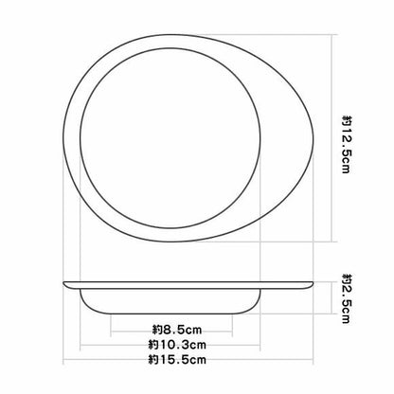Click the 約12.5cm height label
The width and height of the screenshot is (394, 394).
pyautogui.click(x=347, y=144)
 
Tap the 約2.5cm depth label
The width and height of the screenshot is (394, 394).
pyautogui.click(x=347, y=298)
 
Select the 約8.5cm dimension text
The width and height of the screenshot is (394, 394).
pyautogui.click(x=177, y=330)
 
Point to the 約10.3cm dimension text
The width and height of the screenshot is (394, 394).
pyautogui.click(x=177, y=345)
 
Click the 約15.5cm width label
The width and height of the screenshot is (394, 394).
pyautogui.click(x=177, y=359)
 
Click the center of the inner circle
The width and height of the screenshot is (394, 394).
pyautogui.click(x=170, y=138)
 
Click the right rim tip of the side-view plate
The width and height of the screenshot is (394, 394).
pyautogui.click(x=313, y=283)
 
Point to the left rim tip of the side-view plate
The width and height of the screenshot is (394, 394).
pyautogui.click(x=63, y=283)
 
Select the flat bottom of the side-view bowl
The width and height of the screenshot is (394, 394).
pyautogui.click(x=170, y=313)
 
